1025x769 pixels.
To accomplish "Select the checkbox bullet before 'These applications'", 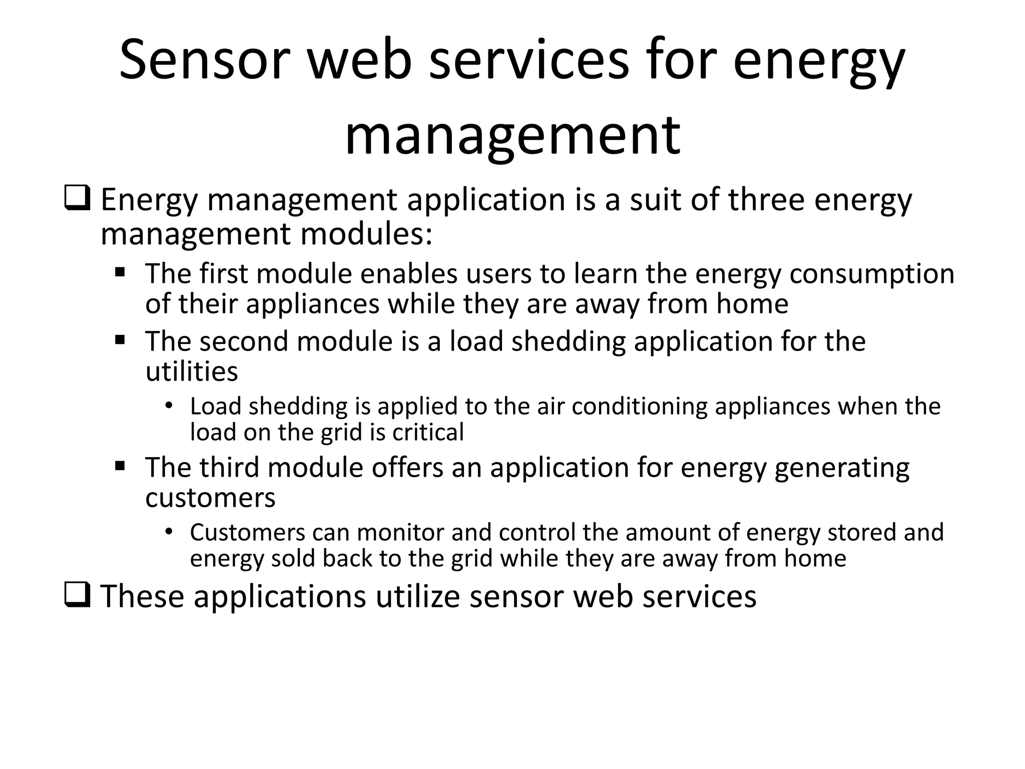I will click(x=77, y=595).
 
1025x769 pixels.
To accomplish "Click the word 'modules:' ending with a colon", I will click(x=366, y=234).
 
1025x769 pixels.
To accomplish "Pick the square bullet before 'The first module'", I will click(x=120, y=273).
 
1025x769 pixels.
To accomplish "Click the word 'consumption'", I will click(x=872, y=274).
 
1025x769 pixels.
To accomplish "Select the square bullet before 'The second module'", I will click(x=120, y=340).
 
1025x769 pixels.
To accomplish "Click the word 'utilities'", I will click(x=192, y=371).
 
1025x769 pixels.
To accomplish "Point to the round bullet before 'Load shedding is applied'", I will click(x=168, y=405).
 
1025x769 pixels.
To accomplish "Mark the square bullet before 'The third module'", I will click(x=120, y=467).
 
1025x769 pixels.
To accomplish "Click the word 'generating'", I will click(x=842, y=468).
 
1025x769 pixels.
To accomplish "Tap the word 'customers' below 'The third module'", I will click(x=210, y=498).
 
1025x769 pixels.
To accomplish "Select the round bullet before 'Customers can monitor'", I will click(x=168, y=531).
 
